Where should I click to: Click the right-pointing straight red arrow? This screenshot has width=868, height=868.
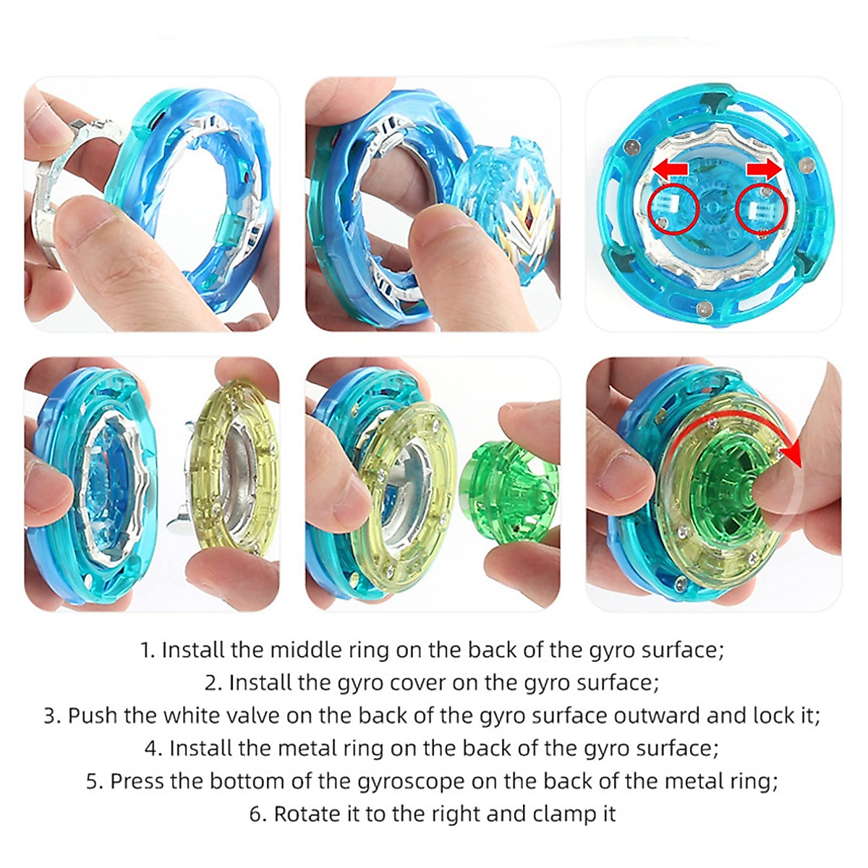[764, 169]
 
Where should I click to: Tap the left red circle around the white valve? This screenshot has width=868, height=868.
[673, 210]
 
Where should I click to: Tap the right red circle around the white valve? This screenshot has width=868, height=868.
[760, 210]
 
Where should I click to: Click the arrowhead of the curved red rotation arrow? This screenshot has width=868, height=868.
[793, 456]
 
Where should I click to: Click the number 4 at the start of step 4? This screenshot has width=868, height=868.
[151, 748]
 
